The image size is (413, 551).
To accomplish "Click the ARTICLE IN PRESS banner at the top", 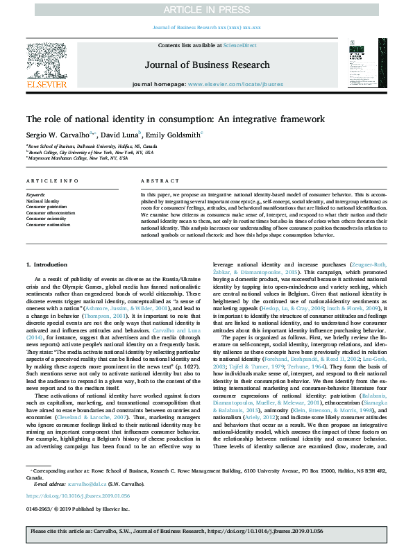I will tap(206, 9).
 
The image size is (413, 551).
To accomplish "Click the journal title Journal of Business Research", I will tap(206, 65).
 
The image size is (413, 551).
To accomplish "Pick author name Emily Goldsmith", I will tap(172, 135).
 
